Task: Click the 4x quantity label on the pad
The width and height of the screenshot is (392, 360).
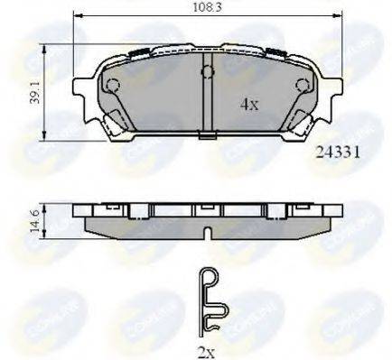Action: click(x=249, y=104)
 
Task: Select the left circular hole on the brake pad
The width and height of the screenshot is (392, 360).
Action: click(x=114, y=86)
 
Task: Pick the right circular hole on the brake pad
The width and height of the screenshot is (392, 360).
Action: click(x=301, y=86)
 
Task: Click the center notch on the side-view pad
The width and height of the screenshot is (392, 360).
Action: click(x=208, y=234)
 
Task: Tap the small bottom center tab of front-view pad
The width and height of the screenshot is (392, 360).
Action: click(x=208, y=137)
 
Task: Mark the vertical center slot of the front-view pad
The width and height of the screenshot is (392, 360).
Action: click(x=208, y=99)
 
